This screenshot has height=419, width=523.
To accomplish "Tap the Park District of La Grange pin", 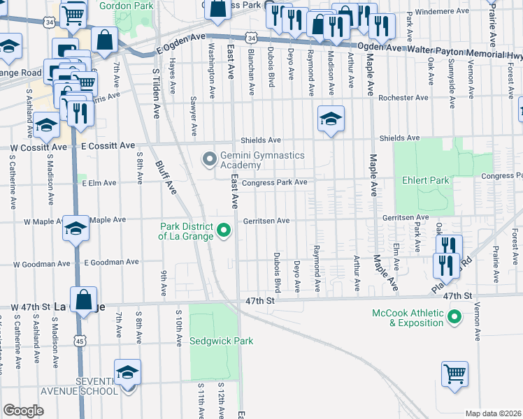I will (224, 229).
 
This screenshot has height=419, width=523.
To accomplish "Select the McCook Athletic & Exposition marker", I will (455, 318).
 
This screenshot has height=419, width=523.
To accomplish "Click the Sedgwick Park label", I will (221, 341).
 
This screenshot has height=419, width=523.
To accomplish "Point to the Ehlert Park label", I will (424, 180).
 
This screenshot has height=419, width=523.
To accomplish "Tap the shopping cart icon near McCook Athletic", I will (454, 374).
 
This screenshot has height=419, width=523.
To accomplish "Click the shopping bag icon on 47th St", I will (83, 300).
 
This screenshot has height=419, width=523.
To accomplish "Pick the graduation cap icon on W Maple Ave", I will (76, 228).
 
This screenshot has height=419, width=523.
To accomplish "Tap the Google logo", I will (24, 411).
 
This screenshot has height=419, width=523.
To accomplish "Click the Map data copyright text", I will (493, 413).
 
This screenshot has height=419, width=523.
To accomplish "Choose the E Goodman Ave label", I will (111, 263).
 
